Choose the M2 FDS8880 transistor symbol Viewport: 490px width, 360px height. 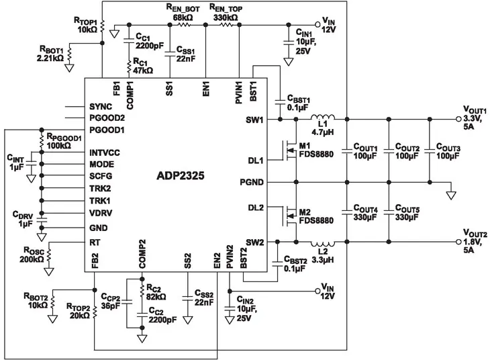point(288,214)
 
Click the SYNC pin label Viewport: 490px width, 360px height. point(101,107)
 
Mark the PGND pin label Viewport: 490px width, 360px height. point(250,182)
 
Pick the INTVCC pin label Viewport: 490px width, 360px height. point(105,153)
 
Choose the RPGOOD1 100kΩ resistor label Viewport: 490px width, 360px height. point(64,141)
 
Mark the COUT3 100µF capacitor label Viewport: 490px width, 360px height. point(448,151)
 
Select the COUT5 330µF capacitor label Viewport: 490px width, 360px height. point(407,214)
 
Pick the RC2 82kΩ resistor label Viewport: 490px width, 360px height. point(158,292)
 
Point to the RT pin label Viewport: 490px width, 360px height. point(95,241)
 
